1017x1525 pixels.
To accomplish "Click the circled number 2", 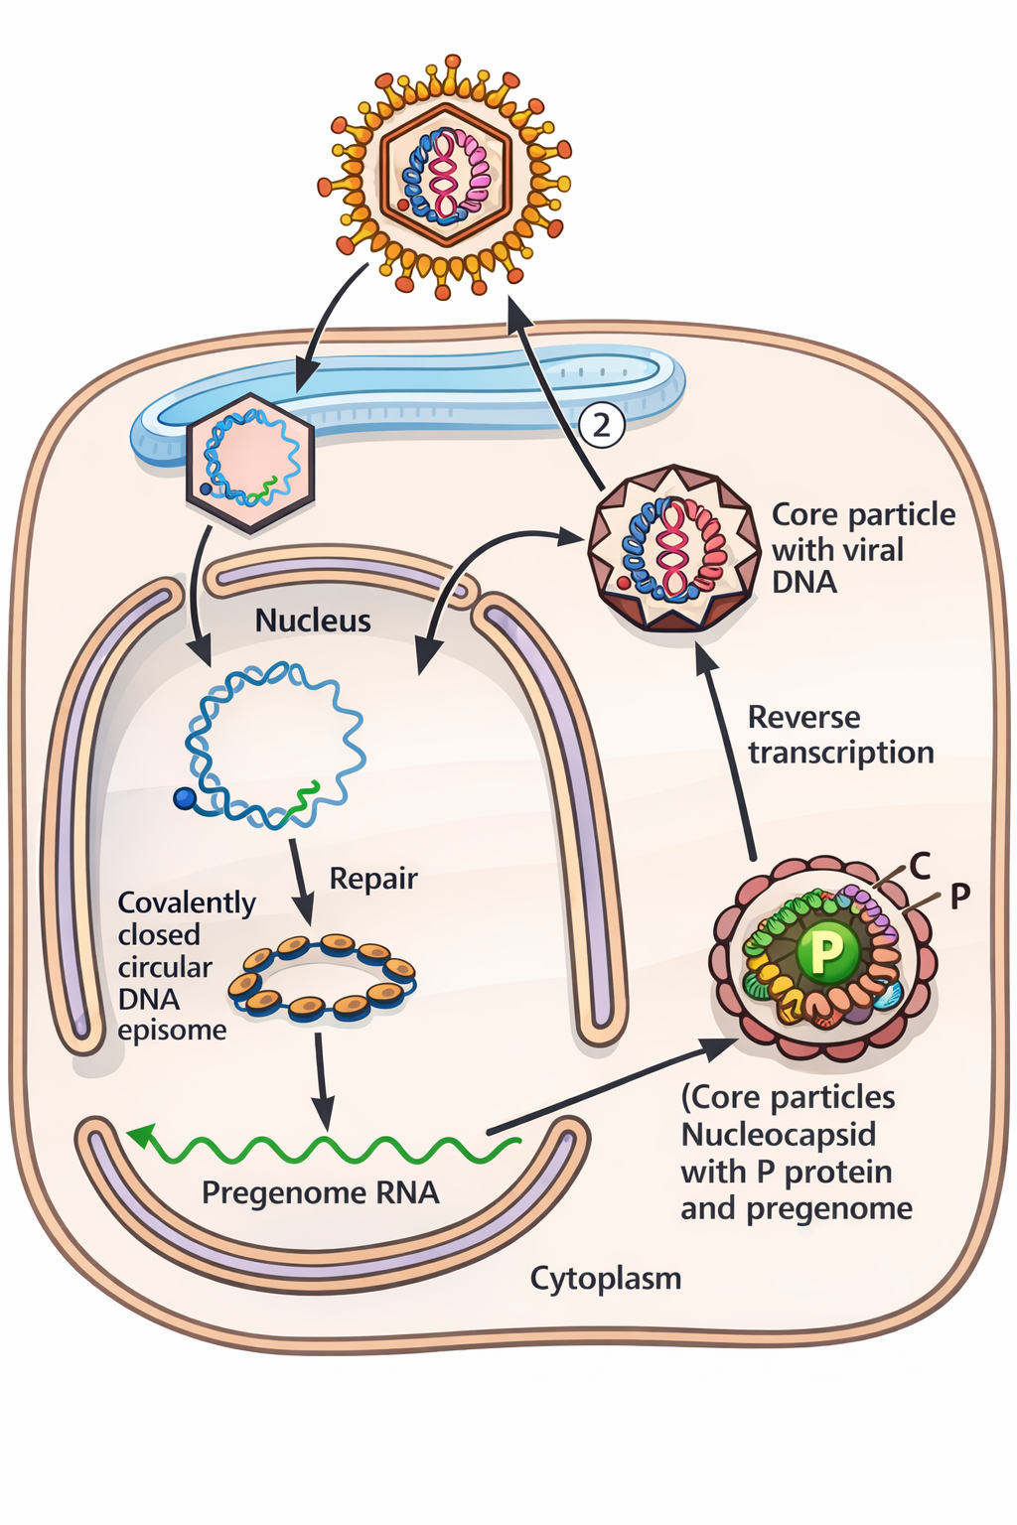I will [x=601, y=424].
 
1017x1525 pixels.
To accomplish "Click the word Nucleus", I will [x=313, y=621].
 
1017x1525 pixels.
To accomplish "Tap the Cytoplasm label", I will [x=606, y=1278].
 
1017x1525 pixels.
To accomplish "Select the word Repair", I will [x=373, y=879].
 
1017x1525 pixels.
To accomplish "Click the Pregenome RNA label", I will [x=320, y=1192].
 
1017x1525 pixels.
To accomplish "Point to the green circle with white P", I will [x=826, y=952].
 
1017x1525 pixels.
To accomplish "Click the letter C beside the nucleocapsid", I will [x=920, y=866].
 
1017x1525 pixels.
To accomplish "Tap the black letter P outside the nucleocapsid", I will [x=959, y=897].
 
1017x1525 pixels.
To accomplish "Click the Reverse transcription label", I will [x=840, y=735].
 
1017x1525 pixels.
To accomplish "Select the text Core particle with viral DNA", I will [x=862, y=548].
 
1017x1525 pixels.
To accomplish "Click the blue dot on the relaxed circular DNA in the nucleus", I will [x=184, y=798].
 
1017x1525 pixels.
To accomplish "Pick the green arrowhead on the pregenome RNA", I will [x=141, y=1135].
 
